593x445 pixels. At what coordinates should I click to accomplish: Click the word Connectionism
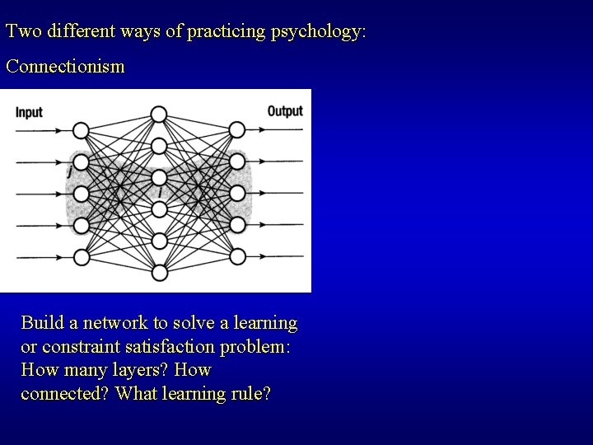pos(65,67)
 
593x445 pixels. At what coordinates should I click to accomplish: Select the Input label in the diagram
pos(29,112)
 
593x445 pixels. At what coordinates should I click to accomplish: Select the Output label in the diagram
pos(285,111)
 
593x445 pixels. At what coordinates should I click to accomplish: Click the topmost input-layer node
pos(81,130)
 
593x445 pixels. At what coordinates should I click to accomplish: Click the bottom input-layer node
pos(81,257)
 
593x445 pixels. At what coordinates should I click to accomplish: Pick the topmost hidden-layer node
pos(159,114)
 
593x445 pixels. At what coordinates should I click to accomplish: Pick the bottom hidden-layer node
pos(159,273)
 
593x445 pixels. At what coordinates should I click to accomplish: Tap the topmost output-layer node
pos(237,130)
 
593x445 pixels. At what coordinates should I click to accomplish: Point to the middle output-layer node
pos(237,194)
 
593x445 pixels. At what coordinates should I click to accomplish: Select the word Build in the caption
pos(40,322)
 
